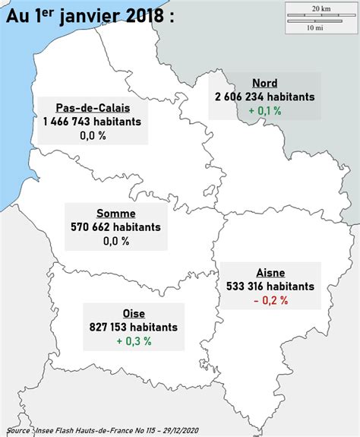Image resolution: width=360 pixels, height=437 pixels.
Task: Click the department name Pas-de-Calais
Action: [92, 108]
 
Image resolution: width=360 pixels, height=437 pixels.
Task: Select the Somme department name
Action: [116, 214]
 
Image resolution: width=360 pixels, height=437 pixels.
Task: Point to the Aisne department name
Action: [270, 273]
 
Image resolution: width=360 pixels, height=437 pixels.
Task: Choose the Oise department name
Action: [134, 313]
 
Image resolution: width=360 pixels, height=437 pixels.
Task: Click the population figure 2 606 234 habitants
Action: [264, 97]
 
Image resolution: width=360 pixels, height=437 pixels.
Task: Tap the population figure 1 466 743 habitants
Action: [92, 122]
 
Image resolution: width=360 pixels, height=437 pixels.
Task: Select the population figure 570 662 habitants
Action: [116, 227]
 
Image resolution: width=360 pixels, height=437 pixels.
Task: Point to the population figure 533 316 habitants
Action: [270, 287]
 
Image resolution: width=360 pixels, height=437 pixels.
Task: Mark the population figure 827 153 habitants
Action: [134, 327]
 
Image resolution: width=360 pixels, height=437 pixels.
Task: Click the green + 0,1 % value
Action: [264, 110]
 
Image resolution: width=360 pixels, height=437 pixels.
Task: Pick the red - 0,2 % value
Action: [270, 300]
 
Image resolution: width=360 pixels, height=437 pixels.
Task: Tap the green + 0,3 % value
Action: [134, 341]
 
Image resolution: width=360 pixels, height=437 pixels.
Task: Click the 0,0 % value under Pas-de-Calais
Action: [92, 135]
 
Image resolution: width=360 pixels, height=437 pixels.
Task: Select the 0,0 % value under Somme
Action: [116, 241]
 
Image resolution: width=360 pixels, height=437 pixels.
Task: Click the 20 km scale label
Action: [321, 8]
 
